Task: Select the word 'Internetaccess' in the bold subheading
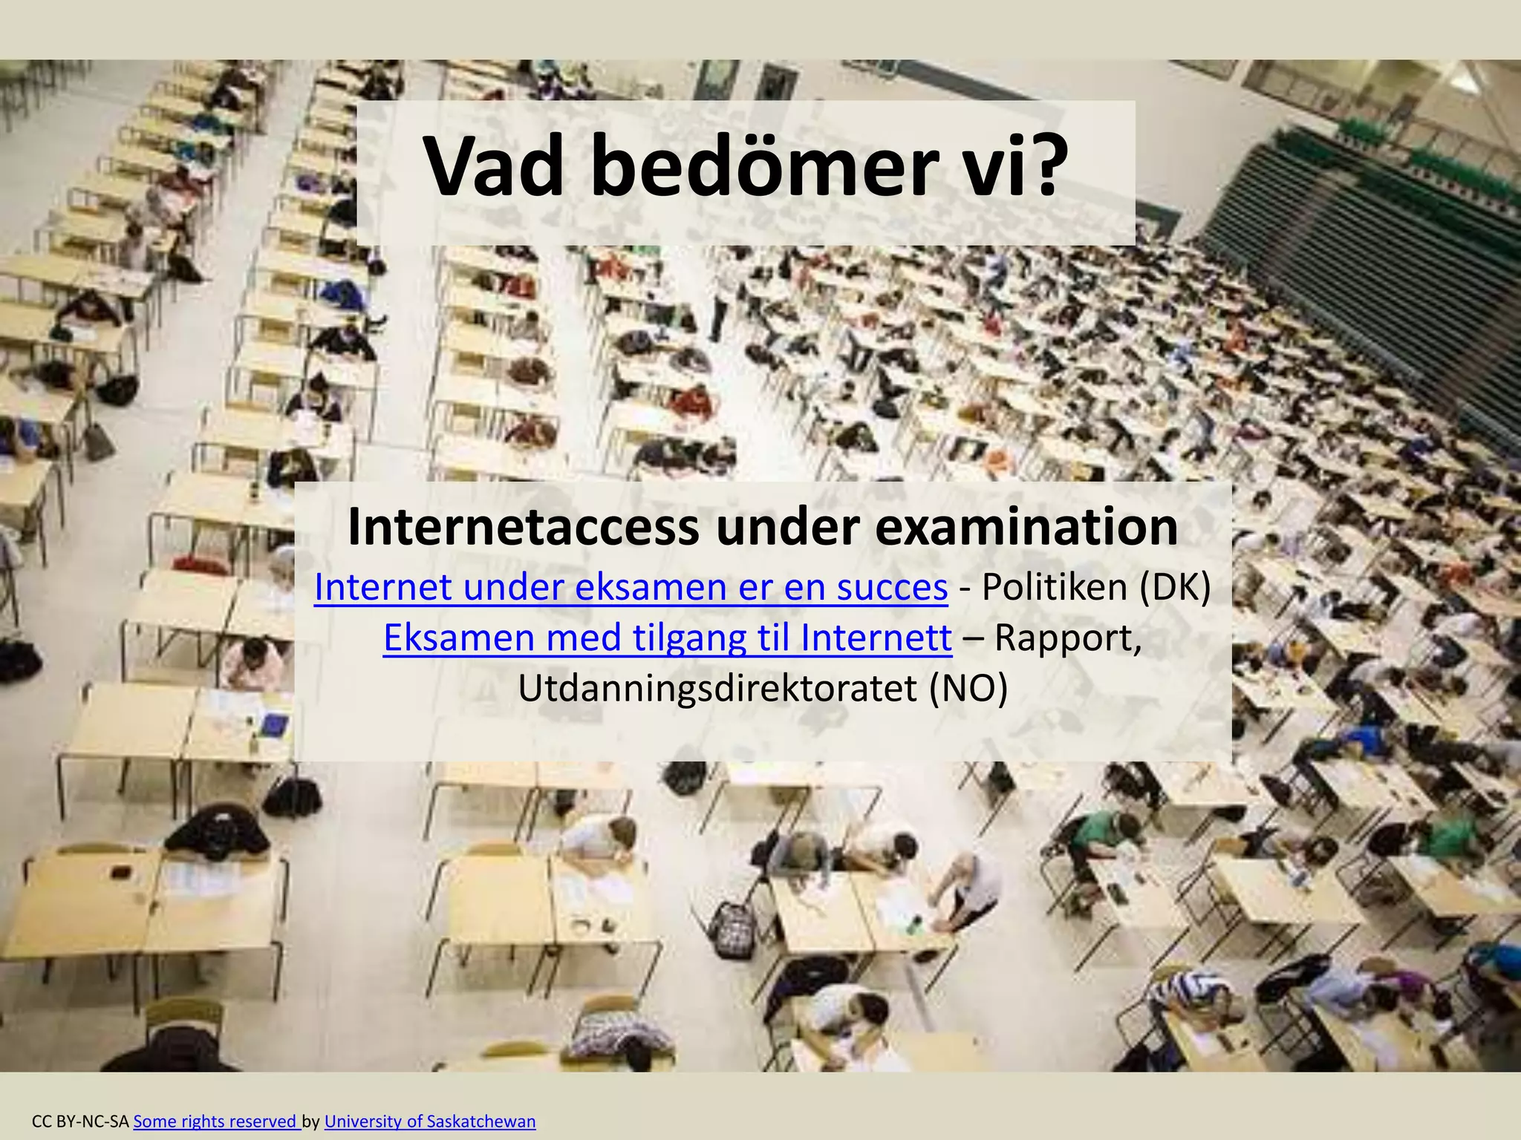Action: (523, 526)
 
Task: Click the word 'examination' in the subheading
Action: (1026, 526)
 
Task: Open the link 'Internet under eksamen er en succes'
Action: (631, 587)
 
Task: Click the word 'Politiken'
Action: (1055, 587)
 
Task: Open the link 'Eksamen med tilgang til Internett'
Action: (667, 638)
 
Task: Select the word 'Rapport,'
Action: (1068, 638)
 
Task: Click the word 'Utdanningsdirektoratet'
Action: (717, 688)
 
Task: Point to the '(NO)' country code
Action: (968, 688)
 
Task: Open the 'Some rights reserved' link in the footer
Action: (216, 1121)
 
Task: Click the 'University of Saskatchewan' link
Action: (430, 1121)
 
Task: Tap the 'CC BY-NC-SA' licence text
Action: (81, 1121)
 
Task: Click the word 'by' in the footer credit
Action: (311, 1121)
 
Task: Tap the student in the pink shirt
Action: (253, 661)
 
